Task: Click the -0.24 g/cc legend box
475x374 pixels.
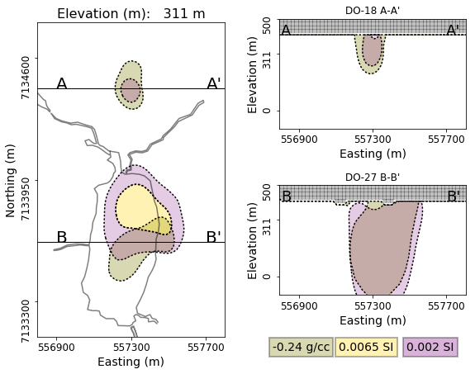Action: coord(301,347)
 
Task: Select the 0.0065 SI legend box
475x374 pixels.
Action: coord(367,347)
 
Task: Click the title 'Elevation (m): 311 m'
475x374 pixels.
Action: coord(131,14)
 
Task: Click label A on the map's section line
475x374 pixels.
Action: coord(62,84)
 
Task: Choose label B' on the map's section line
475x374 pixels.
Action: coord(213,238)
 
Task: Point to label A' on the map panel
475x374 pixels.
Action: coord(214,84)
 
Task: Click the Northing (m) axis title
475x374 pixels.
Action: coord(11,180)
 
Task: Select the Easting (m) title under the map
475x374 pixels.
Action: coord(131,362)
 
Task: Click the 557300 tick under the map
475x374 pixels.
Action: coord(131,348)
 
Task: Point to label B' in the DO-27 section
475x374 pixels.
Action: coord(453,196)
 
